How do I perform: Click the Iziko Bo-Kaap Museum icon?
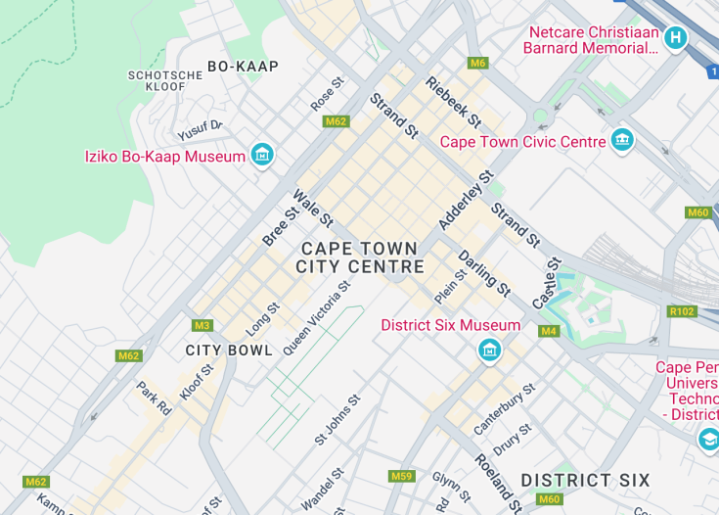point(261,155)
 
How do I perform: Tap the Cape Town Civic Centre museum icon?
point(622,141)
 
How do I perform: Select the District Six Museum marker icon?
point(489,349)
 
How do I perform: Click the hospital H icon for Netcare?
point(675,38)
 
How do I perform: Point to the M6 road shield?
point(477,63)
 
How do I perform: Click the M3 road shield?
point(202,325)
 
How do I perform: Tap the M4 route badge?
point(549,331)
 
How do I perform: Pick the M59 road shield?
point(401,476)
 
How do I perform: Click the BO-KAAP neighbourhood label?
point(243,67)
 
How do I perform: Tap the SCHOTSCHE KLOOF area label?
point(157,80)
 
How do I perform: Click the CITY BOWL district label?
point(229,350)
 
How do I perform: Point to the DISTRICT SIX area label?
point(585,480)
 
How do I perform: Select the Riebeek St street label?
point(453,102)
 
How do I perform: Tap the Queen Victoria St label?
point(316,318)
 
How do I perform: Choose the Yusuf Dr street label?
point(200,130)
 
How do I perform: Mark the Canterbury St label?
point(505,409)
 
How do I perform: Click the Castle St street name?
point(547,283)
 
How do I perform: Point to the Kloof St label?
point(196,383)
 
